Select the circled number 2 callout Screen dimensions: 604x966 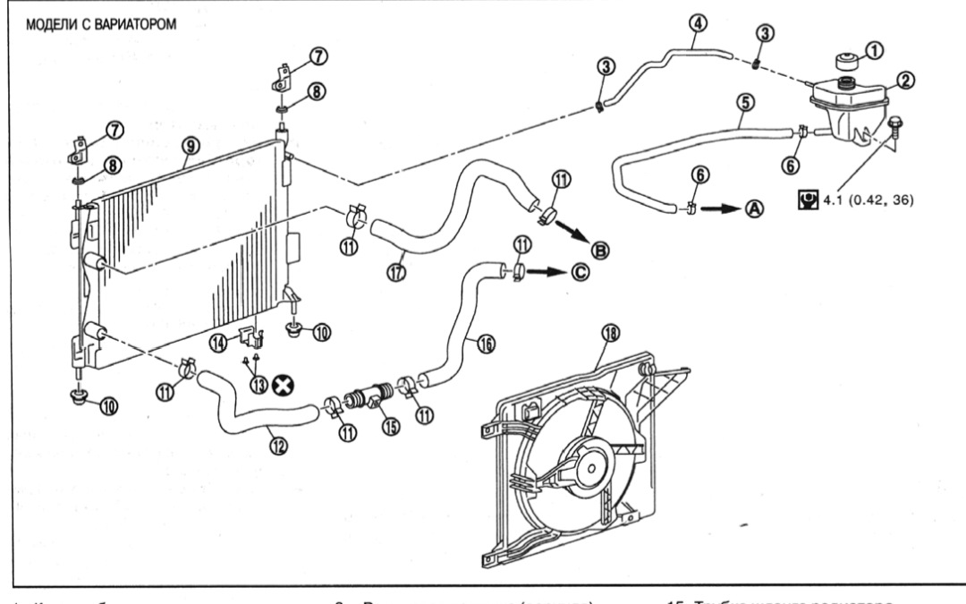[x=905, y=81]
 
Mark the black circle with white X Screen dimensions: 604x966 [x=288, y=386]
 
